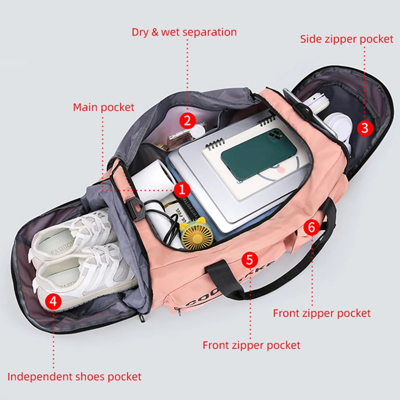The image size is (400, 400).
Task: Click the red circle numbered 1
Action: click(x=182, y=189)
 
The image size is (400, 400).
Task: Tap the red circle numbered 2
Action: click(x=187, y=120)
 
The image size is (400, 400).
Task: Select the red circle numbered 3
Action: click(x=365, y=127)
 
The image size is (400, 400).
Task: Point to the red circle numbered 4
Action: click(x=53, y=301)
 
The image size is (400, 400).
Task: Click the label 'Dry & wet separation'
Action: click(x=184, y=32)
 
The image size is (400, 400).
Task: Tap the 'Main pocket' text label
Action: click(x=103, y=107)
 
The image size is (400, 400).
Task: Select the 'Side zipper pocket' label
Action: click(x=346, y=39)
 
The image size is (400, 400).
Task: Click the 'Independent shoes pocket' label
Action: click(x=74, y=376)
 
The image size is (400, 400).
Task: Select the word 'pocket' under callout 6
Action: click(x=353, y=313)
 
